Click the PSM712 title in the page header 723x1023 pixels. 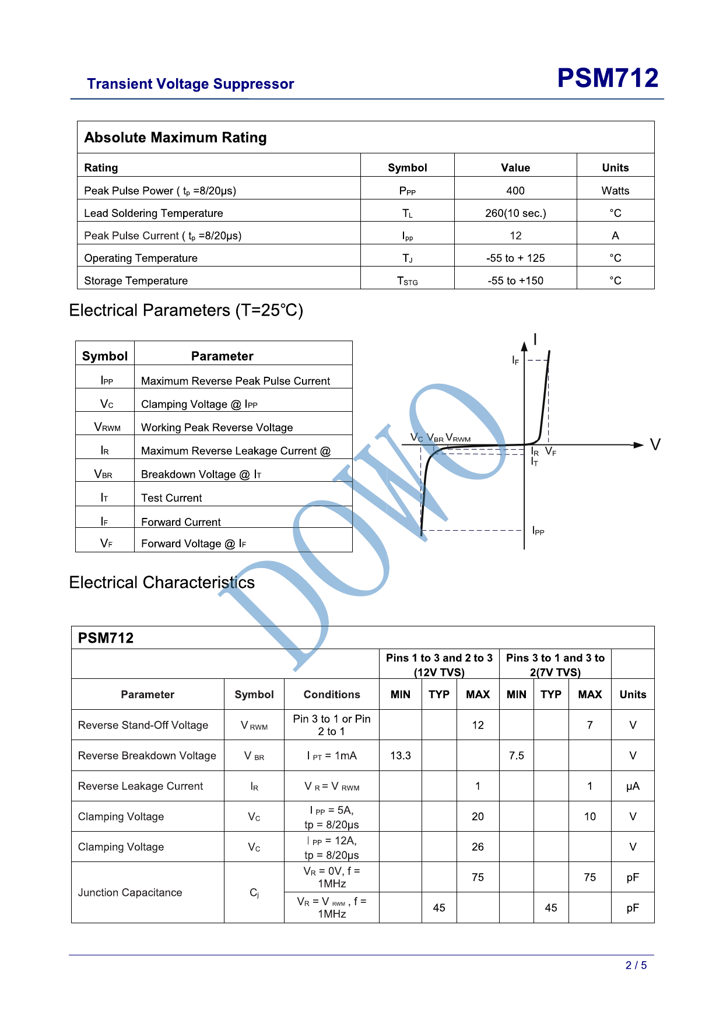(x=608, y=78)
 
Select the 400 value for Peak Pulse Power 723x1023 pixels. (x=515, y=191)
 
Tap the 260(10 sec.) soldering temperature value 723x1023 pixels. (x=515, y=213)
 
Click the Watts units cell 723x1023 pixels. (x=615, y=191)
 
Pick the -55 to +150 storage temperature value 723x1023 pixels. (x=515, y=281)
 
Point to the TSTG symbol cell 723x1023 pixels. (x=408, y=281)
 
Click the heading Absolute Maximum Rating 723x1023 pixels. (x=176, y=138)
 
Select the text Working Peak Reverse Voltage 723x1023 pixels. (x=217, y=428)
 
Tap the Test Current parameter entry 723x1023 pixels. (x=171, y=498)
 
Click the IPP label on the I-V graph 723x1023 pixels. (x=538, y=531)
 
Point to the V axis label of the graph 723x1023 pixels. (x=655, y=445)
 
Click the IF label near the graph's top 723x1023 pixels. (x=515, y=360)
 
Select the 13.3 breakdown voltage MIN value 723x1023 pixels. (x=401, y=756)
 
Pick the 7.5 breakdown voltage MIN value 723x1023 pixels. (x=517, y=756)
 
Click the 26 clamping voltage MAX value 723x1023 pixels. (x=478, y=847)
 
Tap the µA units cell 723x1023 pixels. (x=633, y=786)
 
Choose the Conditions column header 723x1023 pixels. (x=332, y=695)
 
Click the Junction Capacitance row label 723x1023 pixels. (x=130, y=892)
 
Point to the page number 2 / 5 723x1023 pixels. (x=636, y=965)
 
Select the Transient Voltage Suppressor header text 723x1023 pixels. (x=191, y=84)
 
